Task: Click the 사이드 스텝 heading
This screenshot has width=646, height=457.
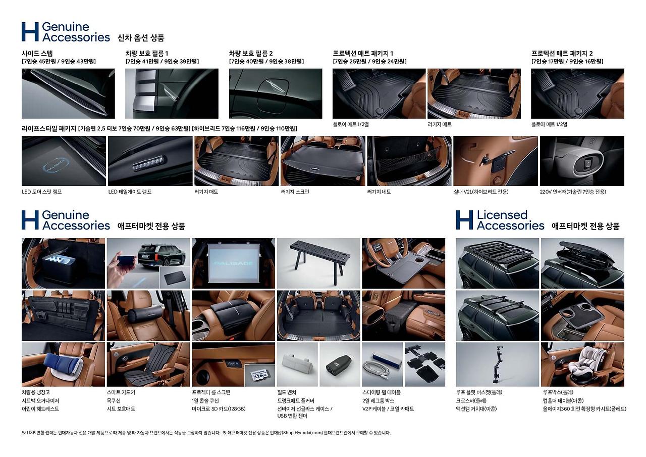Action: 37,54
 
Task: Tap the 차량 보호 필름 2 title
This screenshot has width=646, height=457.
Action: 251,54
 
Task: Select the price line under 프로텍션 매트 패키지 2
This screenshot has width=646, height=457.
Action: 567,62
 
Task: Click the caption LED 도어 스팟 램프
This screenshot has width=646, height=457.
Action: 41,192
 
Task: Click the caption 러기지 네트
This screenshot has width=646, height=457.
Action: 379,192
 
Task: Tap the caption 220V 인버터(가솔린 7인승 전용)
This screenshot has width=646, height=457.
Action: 573,192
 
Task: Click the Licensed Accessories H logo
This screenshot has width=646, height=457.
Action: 464,220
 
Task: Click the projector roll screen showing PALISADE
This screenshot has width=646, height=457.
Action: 233,263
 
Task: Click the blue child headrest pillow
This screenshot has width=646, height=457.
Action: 62,363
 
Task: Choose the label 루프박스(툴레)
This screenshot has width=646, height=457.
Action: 558,392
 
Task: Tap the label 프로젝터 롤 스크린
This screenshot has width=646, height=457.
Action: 211,392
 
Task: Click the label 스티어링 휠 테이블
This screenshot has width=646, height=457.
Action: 382,392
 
